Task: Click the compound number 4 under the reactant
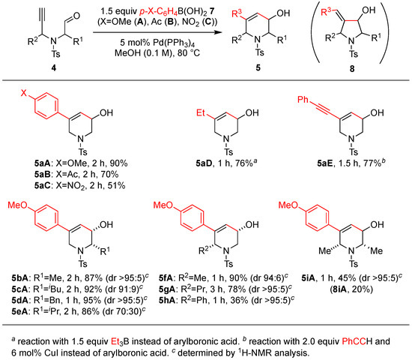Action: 54,68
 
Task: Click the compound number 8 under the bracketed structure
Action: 352,69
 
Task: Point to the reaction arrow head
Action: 217,33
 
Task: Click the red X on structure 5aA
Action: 24,93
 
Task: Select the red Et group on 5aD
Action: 201,113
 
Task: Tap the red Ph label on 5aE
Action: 303,100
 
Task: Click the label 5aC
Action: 43,185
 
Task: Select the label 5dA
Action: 19,300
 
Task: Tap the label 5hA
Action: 167,300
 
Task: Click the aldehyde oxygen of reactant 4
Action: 76,16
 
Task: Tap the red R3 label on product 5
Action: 237,13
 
